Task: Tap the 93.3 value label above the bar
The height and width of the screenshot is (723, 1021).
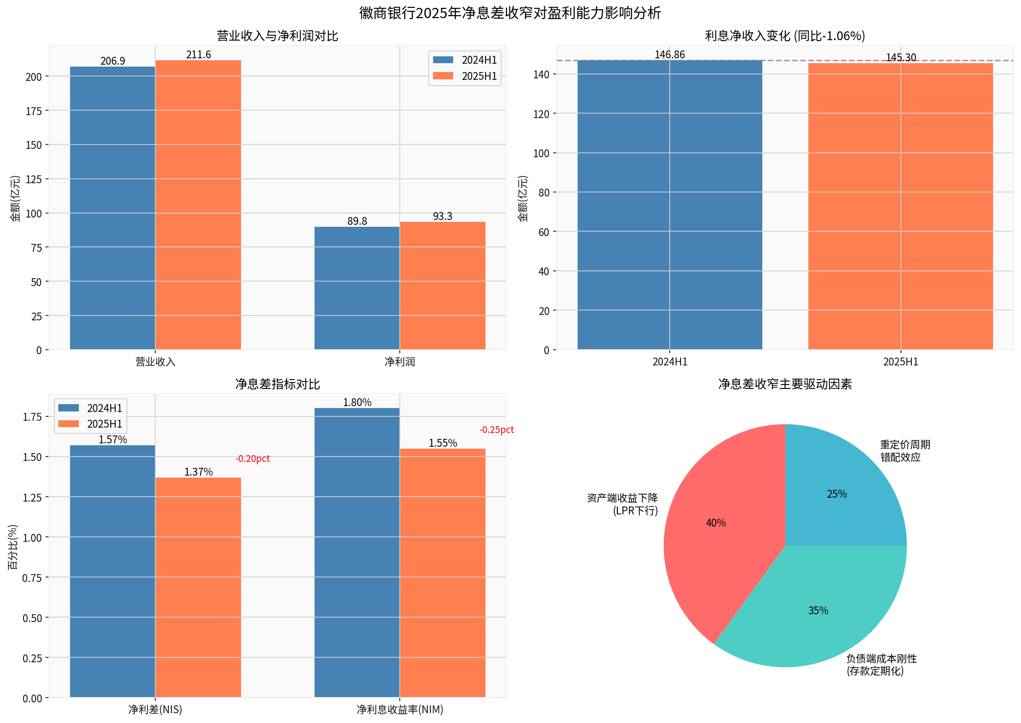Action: pyautogui.click(x=442, y=217)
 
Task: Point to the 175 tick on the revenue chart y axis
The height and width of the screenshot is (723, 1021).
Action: pyautogui.click(x=34, y=111)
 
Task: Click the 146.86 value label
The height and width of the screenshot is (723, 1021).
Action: pyautogui.click(x=669, y=55)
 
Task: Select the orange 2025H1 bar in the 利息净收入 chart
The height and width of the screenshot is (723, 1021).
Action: pyautogui.click(x=900, y=206)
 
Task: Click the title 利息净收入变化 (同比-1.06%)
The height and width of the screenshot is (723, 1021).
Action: pyautogui.click(x=784, y=36)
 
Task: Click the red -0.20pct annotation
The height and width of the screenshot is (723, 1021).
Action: pyautogui.click(x=252, y=459)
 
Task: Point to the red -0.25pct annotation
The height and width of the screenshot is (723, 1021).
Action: pyautogui.click(x=496, y=430)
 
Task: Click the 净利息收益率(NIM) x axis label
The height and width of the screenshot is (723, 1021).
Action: pyautogui.click(x=399, y=709)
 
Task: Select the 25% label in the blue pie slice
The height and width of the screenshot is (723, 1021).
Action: pyautogui.click(x=836, y=494)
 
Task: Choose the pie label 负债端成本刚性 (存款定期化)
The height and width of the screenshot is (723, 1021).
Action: pyautogui.click(x=881, y=665)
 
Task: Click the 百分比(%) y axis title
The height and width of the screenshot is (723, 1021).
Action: pyautogui.click(x=13, y=547)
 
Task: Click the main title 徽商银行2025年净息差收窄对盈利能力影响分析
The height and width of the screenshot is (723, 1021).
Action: pyautogui.click(x=510, y=13)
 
